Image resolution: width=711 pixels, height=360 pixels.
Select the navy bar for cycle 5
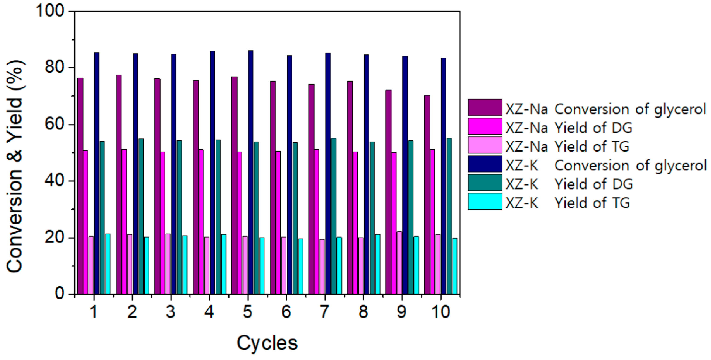click(250, 172)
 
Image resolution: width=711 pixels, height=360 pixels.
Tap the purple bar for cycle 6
click(272, 188)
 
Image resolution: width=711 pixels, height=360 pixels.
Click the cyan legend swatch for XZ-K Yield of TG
click(485, 201)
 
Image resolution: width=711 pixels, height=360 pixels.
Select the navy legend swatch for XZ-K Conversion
click(485, 164)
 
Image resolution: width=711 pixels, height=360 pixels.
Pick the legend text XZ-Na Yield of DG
click(569, 128)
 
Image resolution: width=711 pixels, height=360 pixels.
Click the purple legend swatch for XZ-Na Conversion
click(485, 107)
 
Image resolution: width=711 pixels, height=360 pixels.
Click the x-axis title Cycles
click(267, 343)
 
